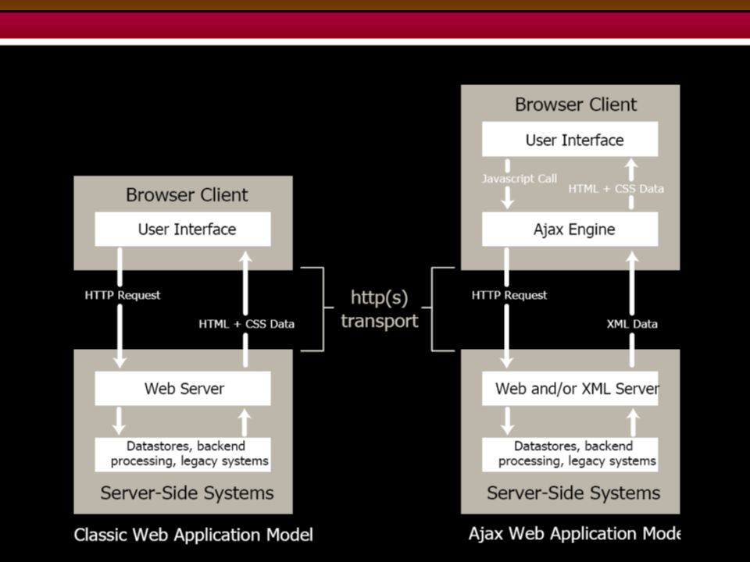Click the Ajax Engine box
pyautogui.click(x=570, y=229)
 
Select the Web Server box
pyautogui.click(x=183, y=389)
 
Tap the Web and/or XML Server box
pyautogui.click(x=570, y=389)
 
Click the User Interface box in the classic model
pyautogui.click(x=183, y=229)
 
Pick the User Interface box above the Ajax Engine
pyautogui.click(x=570, y=139)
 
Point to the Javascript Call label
pyautogui.click(x=520, y=179)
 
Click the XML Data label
pyautogui.click(x=632, y=324)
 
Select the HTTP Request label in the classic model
pyautogui.click(x=123, y=295)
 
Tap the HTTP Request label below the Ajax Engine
pyautogui.click(x=509, y=295)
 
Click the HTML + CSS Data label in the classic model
pyautogui.click(x=246, y=324)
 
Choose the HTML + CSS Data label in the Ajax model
pyautogui.click(x=616, y=189)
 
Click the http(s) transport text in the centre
pyautogui.click(x=380, y=309)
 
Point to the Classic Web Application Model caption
pyautogui.click(x=193, y=534)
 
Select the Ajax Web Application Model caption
pyautogui.click(x=574, y=533)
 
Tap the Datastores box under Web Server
pyautogui.click(x=183, y=454)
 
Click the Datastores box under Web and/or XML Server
pyautogui.click(x=570, y=454)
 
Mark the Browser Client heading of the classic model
pyautogui.click(x=187, y=195)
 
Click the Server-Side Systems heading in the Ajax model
pyautogui.click(x=573, y=493)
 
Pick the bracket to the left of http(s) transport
pyautogui.click(x=323, y=309)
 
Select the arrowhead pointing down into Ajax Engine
pyautogui.click(x=507, y=203)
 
